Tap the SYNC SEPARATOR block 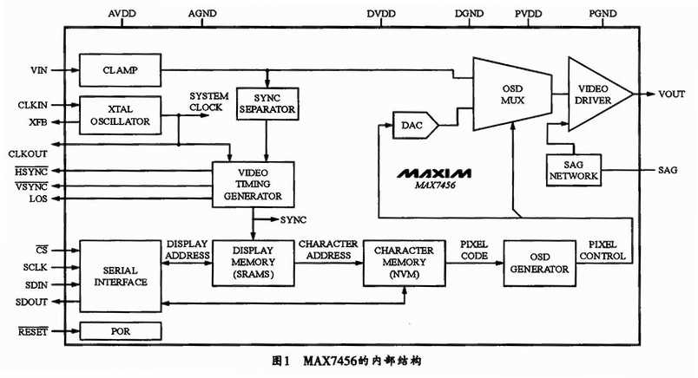(x=267, y=104)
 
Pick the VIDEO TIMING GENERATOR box (x=254, y=183)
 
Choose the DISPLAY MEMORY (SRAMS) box (x=254, y=263)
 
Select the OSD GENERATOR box (x=539, y=263)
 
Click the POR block (x=121, y=331)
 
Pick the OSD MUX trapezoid (x=511, y=94)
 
